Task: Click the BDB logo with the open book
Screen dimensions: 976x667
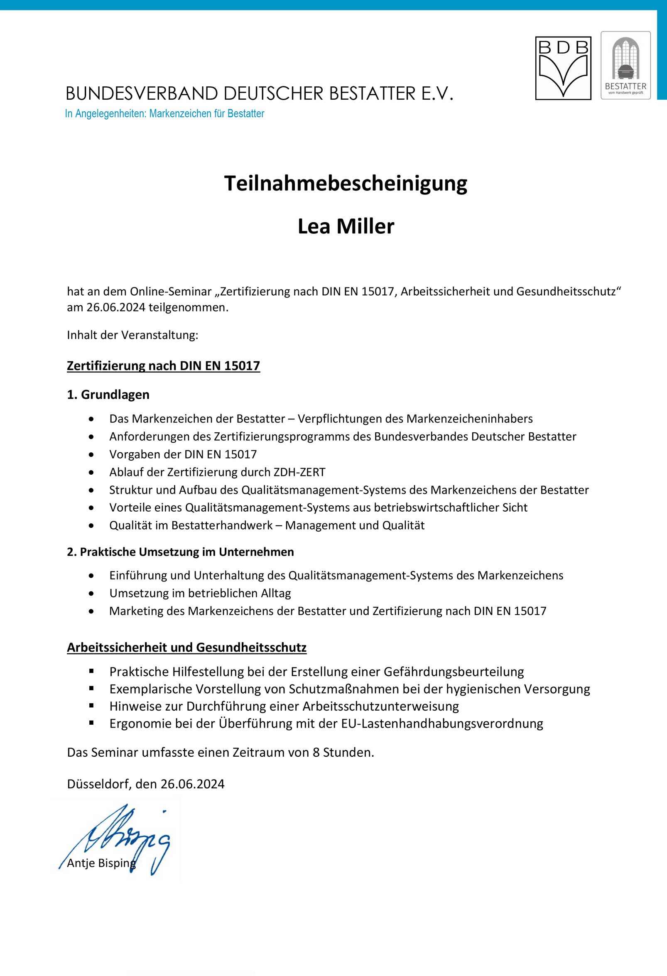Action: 563,68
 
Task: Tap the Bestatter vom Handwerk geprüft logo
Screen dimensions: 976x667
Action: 625,65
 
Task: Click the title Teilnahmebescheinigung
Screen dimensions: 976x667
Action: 345,184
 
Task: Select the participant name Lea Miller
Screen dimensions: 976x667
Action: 346,226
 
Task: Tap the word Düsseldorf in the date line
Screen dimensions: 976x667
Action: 99,784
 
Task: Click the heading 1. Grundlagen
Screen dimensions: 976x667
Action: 108,395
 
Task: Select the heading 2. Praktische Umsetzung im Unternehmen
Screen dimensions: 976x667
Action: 180,552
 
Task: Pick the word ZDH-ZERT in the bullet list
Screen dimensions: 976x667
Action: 299,472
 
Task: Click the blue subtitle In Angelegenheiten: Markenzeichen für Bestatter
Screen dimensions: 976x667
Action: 164,113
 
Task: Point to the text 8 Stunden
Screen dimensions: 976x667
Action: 343,752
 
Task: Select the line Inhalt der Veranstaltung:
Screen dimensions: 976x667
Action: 132,335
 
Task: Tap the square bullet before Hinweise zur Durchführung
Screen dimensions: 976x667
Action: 91,706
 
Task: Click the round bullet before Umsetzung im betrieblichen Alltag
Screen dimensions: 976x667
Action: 91,593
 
